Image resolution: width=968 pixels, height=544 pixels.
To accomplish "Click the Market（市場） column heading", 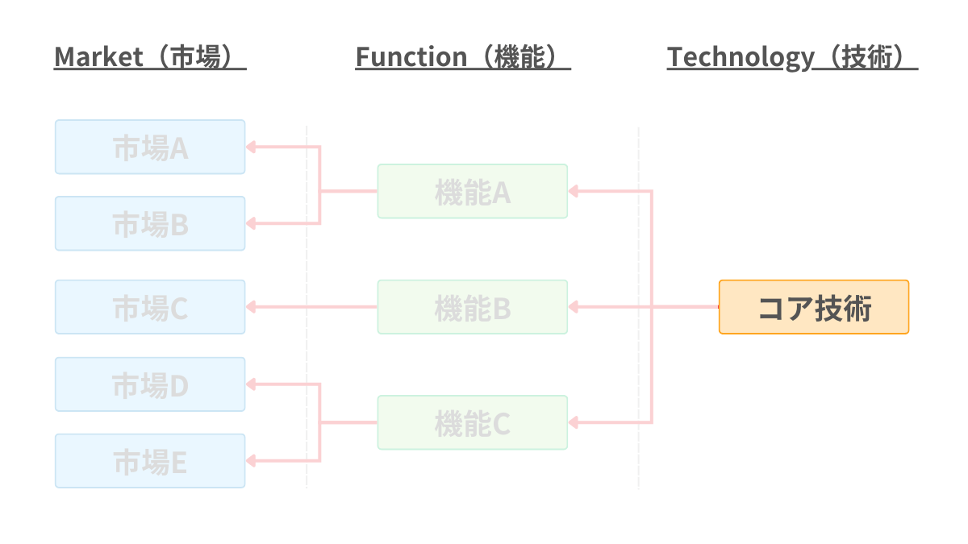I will (x=149, y=57).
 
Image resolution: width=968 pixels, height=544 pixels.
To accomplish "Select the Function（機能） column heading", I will (x=462, y=57).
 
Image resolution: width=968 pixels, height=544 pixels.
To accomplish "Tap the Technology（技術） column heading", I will (x=792, y=57).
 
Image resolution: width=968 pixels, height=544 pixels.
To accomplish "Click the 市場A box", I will (x=150, y=147).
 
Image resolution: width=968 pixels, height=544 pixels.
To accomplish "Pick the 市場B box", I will (x=150, y=223).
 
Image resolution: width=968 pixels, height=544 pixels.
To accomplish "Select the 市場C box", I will (x=150, y=307).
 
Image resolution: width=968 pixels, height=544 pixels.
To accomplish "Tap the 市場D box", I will (x=150, y=384).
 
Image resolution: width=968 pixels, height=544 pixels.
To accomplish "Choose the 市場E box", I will (x=150, y=461).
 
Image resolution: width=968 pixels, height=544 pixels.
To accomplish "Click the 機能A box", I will (x=473, y=191).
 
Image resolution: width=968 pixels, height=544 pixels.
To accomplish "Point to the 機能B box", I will (x=473, y=307).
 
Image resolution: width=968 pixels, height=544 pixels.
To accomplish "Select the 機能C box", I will (x=473, y=422).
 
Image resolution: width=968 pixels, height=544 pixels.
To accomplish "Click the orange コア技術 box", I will (x=814, y=307).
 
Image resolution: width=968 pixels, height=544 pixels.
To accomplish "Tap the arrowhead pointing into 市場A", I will (x=251, y=147).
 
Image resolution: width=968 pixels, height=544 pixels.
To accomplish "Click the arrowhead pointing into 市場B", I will (x=251, y=223).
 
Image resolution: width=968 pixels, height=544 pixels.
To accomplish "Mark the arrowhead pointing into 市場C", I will (x=251, y=307).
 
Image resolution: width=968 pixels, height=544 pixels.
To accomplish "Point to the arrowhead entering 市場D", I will (x=251, y=384).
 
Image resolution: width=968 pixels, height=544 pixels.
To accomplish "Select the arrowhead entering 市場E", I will (x=251, y=461).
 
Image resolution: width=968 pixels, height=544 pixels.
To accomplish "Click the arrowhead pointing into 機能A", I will (x=574, y=191).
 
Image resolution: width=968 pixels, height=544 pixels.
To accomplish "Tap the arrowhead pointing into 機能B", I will (x=574, y=307).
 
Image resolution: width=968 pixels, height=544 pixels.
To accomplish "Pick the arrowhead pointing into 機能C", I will (x=574, y=422).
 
